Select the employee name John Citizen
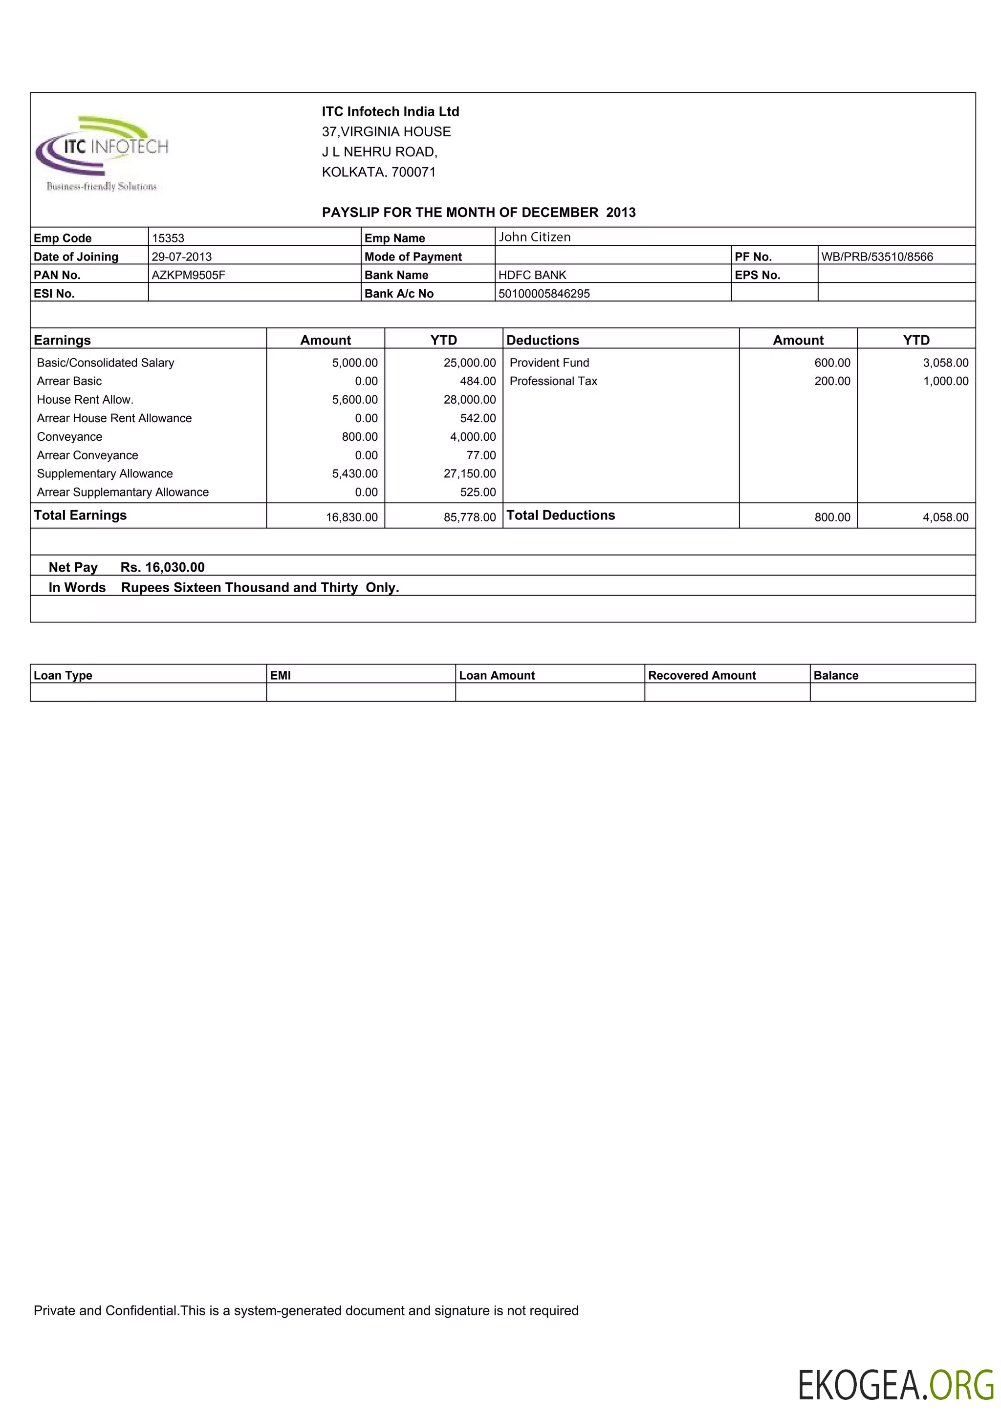coord(534,237)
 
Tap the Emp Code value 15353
coord(168,238)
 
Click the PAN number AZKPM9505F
coord(188,275)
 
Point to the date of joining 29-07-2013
coord(181,257)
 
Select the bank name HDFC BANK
coord(532,275)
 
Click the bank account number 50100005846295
coord(544,294)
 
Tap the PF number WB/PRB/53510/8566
coord(876,257)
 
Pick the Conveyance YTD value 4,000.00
coord(473,437)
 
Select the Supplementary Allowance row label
coord(105,473)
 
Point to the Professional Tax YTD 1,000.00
coord(945,381)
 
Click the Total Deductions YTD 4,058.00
coord(945,517)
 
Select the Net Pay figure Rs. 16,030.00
coord(162,567)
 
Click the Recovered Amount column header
coord(701,675)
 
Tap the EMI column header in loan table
coord(280,675)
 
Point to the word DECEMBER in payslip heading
coord(560,212)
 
